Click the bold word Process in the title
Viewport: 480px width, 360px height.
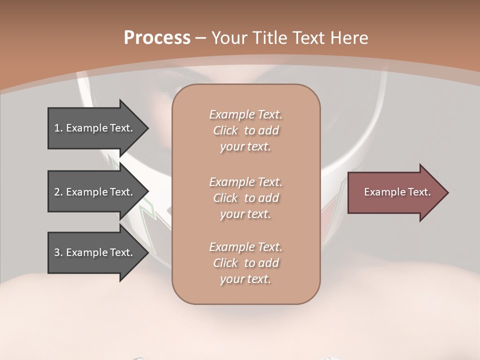[x=157, y=38]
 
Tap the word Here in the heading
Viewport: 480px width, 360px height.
[x=349, y=38]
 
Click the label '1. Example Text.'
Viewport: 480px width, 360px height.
[x=93, y=128]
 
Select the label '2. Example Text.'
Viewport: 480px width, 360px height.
[x=93, y=192]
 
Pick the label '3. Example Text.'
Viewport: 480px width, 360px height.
[x=93, y=252]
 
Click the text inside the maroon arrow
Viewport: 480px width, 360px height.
[x=397, y=192]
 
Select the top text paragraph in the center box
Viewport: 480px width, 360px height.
[x=245, y=130]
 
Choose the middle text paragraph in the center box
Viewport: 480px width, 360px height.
[x=245, y=198]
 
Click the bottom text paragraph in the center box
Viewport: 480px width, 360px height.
[x=245, y=263]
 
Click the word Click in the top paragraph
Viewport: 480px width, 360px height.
[x=225, y=131]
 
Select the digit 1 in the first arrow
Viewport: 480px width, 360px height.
[x=57, y=128]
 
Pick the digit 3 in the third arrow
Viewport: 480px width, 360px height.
[x=57, y=252]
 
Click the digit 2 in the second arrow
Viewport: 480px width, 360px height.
[x=57, y=192]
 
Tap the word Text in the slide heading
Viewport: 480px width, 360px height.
[x=309, y=38]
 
